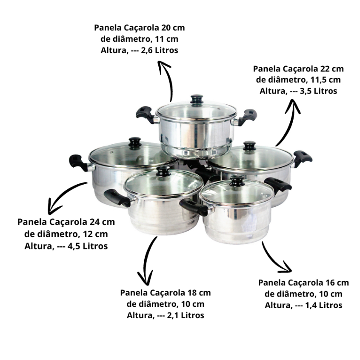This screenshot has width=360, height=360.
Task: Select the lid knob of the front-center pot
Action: [x=163, y=171]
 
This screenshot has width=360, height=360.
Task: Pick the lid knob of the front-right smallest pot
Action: [x=237, y=180]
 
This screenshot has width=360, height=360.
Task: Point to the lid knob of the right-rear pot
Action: [x=249, y=146]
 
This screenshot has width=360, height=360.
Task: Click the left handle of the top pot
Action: [x=146, y=114]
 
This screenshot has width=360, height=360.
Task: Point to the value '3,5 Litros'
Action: [x=318, y=91]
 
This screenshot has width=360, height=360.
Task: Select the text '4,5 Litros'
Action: [x=88, y=246]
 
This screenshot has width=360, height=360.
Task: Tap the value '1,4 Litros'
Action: [x=323, y=306]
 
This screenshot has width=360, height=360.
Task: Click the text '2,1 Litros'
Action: [x=186, y=315]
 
